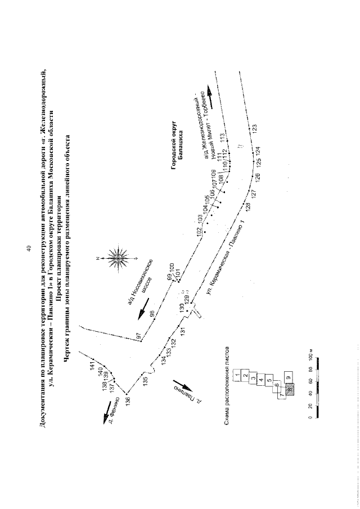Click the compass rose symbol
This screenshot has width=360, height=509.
click(x=118, y=258)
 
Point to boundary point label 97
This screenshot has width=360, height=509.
click(x=138, y=336)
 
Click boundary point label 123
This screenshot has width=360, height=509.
click(x=255, y=129)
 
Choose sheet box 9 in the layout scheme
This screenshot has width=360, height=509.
click(x=289, y=377)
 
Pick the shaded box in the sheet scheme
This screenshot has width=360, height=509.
click(x=290, y=389)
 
